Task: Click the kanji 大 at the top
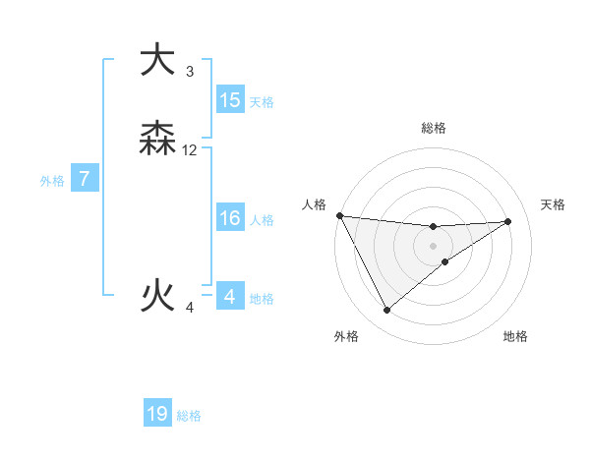point(157,61)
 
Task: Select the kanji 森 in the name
point(157,140)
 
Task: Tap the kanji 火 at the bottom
point(157,294)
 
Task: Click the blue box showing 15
point(230,100)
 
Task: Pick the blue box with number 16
point(230,218)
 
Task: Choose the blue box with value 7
point(85,179)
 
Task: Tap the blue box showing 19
point(157,414)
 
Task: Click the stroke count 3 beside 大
point(190,72)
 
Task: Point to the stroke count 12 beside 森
point(190,150)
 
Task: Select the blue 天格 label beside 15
point(262,102)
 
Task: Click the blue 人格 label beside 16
point(262,220)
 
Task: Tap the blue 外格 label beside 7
point(52,181)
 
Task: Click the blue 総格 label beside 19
point(189,416)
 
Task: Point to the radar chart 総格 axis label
point(434,128)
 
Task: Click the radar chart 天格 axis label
point(554,204)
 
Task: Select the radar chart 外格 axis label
point(346,336)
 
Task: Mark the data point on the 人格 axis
point(339,215)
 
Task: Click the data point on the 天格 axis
point(508,221)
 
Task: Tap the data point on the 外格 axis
point(386,311)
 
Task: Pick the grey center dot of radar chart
point(433,246)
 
